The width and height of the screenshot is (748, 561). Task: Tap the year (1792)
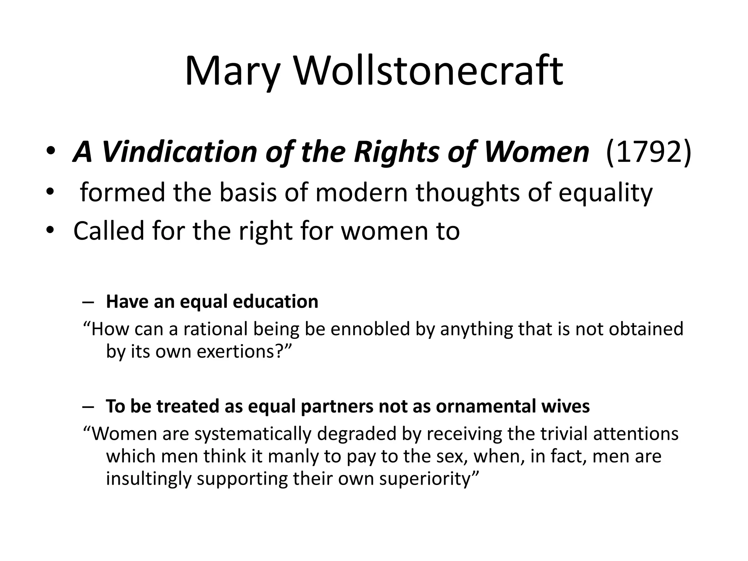(x=648, y=152)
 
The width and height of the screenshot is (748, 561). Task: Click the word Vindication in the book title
(x=179, y=152)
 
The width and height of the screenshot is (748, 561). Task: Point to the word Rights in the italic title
(x=397, y=152)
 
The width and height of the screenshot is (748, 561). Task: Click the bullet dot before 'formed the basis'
(x=50, y=192)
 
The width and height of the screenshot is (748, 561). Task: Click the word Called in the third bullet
(x=108, y=231)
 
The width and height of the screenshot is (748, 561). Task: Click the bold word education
(x=275, y=302)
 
